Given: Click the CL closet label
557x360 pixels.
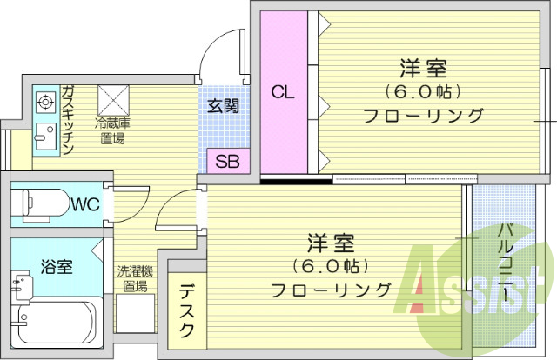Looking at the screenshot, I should tap(280, 91).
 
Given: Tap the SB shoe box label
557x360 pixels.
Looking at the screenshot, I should tap(228, 161).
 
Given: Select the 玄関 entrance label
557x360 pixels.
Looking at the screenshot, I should tap(224, 106).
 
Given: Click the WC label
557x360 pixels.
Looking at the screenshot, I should tap(84, 205).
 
